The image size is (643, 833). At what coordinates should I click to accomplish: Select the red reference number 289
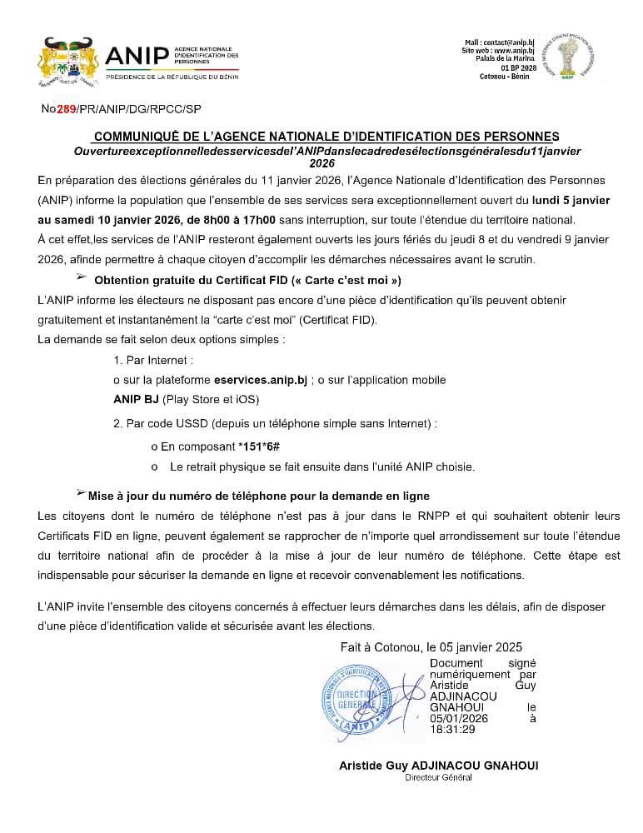tap(66, 109)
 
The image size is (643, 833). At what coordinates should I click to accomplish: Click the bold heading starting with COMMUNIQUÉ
tap(326, 137)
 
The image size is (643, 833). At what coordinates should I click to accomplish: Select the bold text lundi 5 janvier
tap(574, 201)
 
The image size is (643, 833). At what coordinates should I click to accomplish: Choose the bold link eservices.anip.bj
tap(261, 379)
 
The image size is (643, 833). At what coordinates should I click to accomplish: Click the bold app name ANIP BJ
tap(136, 398)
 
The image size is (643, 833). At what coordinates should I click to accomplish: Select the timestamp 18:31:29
tap(452, 729)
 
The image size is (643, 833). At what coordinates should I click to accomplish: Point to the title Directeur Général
tap(438, 777)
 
